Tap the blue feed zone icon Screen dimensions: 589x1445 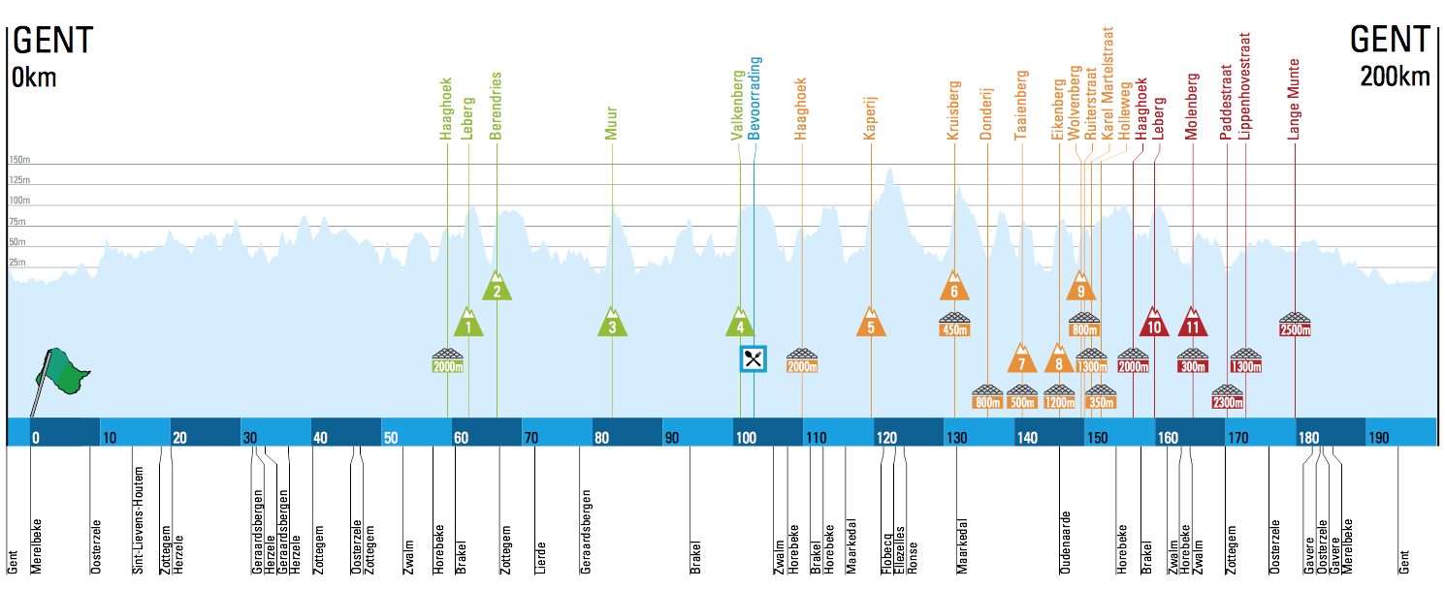[x=754, y=358]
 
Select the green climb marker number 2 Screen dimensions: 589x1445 [x=497, y=288]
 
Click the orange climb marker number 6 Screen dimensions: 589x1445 [x=954, y=288]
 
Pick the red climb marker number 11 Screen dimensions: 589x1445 [x=1193, y=323]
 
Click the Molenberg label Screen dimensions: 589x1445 [x=1192, y=107]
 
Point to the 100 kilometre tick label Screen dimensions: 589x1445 [x=745, y=438]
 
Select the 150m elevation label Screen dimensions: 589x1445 [x=19, y=160]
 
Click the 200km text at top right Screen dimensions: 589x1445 [x=1395, y=77]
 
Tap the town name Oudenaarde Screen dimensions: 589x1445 [x=1065, y=542]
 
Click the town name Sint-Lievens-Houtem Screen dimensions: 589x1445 [x=139, y=521]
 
